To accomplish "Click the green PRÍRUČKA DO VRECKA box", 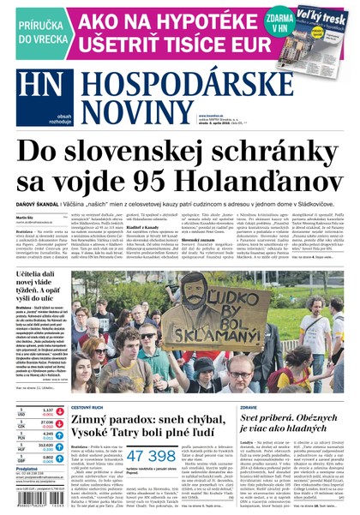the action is (28, 29).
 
